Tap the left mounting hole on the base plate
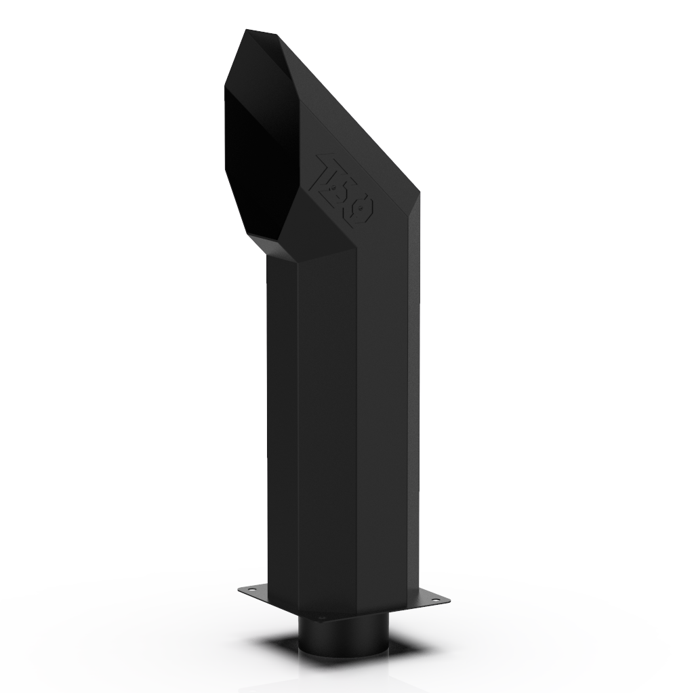click(253, 591)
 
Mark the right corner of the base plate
click(448, 599)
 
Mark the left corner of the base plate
click(239, 591)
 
